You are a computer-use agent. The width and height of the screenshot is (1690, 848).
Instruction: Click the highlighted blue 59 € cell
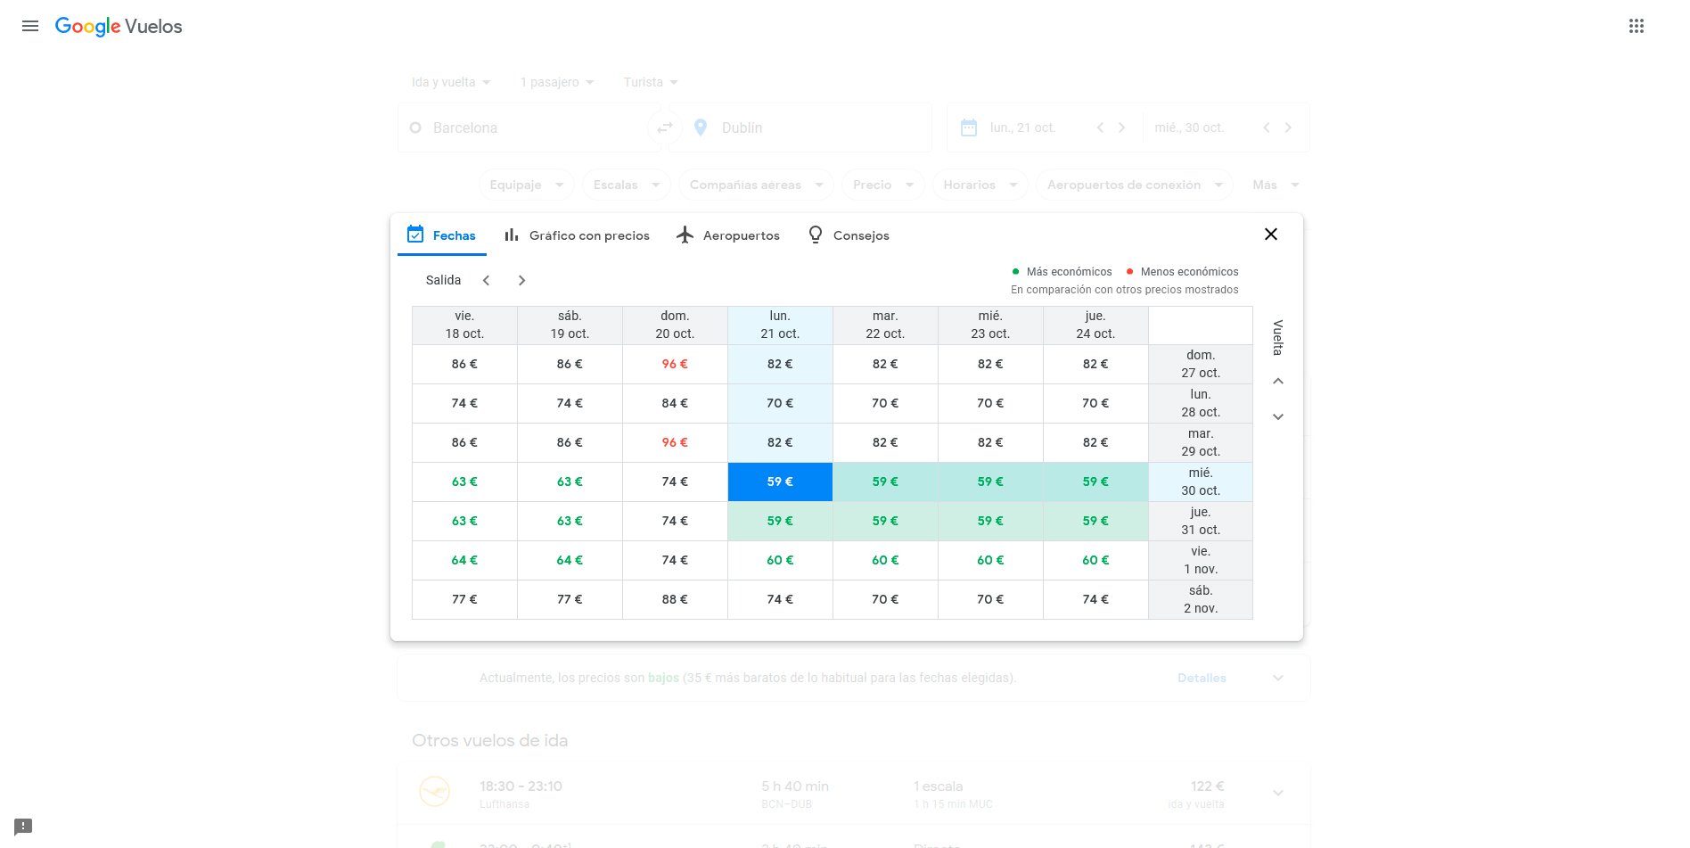(x=780, y=482)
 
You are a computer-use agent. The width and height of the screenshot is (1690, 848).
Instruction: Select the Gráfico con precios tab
(x=577, y=235)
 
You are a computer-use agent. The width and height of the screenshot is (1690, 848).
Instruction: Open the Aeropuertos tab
(x=728, y=235)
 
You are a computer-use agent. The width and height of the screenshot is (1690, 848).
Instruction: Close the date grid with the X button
(x=1271, y=235)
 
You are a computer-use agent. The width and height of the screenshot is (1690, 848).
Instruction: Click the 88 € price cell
(x=675, y=599)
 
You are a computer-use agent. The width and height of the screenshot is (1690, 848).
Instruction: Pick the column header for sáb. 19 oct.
(x=570, y=325)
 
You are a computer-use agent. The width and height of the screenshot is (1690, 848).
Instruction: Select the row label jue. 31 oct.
(x=1201, y=521)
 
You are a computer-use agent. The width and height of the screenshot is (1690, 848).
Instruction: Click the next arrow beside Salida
(x=522, y=280)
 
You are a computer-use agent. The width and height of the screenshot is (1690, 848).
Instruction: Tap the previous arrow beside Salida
(x=487, y=280)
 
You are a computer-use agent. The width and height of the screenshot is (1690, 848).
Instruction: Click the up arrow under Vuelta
(x=1278, y=381)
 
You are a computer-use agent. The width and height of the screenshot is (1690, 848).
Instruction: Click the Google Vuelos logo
(x=119, y=27)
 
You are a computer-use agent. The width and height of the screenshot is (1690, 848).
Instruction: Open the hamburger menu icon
(x=30, y=26)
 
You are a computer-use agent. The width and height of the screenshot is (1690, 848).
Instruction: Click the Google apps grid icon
(x=1637, y=26)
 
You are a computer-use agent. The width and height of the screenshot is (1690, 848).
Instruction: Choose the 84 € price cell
(x=675, y=403)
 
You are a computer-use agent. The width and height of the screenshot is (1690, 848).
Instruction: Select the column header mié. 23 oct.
(x=990, y=325)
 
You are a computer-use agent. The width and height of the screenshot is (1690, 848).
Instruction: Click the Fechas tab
(x=442, y=235)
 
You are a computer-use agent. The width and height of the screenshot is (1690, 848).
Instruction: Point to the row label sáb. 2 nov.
(x=1201, y=599)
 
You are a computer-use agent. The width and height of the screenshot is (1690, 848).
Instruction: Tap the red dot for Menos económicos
(x=1130, y=272)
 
